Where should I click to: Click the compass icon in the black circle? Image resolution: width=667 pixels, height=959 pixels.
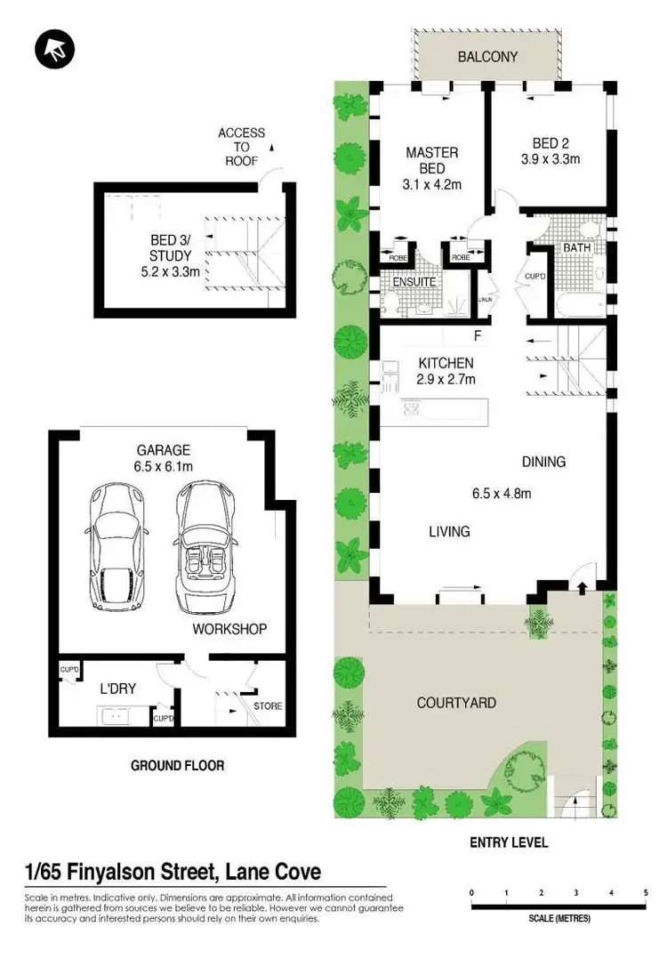coord(54,51)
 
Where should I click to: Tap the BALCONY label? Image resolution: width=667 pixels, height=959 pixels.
coord(487,58)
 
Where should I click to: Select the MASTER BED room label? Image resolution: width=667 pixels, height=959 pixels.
coord(432,160)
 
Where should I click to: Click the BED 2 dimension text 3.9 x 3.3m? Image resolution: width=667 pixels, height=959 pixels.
coord(550,160)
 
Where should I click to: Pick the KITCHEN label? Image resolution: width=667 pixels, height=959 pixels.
coord(446,363)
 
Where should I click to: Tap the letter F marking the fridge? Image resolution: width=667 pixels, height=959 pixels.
coord(478,336)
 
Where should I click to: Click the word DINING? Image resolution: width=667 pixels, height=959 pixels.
coord(543,462)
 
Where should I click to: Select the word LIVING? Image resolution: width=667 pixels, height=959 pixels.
coord(449,532)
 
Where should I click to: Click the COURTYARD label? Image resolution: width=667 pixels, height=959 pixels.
coord(456,703)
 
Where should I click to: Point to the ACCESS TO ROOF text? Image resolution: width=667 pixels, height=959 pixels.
coord(241,147)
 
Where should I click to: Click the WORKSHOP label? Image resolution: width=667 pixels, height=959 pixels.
coord(229,629)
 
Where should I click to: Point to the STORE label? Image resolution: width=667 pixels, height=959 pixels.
coord(268,706)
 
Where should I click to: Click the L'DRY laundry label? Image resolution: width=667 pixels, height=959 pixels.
coord(117,688)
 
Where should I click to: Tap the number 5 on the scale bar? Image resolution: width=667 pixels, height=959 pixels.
coord(645,892)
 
